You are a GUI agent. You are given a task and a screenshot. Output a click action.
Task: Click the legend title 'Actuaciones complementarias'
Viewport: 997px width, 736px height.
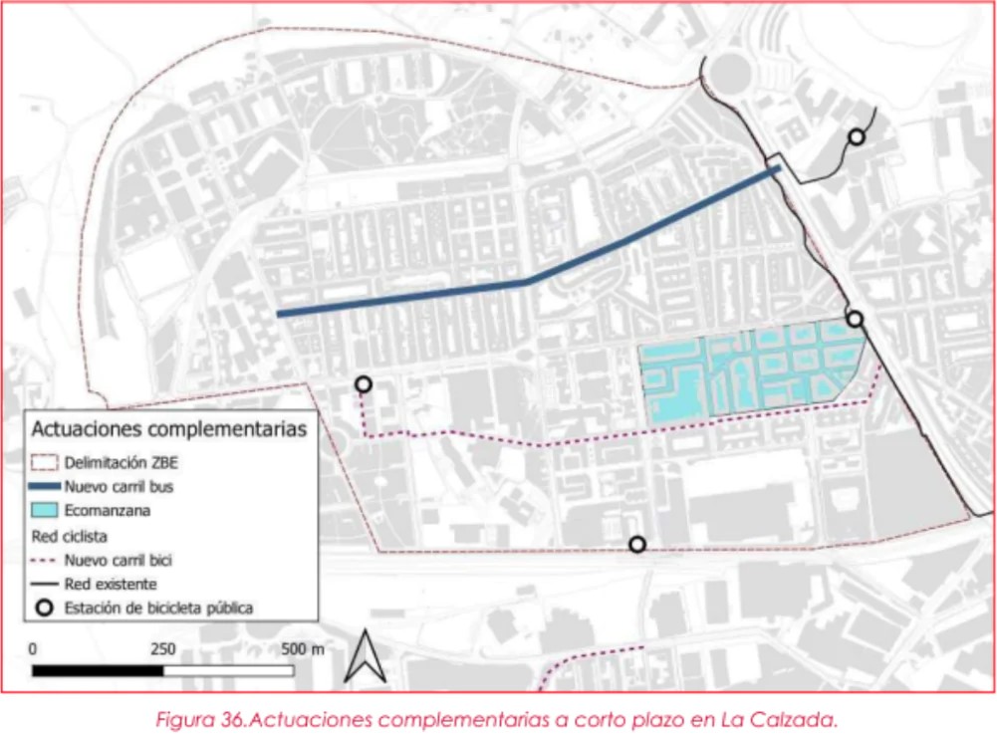pyautogui.click(x=168, y=430)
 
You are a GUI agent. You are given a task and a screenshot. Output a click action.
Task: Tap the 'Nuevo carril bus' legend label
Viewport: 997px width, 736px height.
pyautogui.click(x=123, y=487)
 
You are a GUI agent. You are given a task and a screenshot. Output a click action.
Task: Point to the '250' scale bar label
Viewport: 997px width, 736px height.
pyautogui.click(x=163, y=649)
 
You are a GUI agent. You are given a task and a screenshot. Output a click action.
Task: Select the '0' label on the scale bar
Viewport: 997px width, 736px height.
pyautogui.click(x=34, y=649)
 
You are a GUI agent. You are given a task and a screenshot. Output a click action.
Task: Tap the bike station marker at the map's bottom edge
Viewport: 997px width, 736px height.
pyautogui.click(x=637, y=544)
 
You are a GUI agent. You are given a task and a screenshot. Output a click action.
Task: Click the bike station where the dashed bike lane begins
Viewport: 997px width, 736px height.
pyautogui.click(x=364, y=383)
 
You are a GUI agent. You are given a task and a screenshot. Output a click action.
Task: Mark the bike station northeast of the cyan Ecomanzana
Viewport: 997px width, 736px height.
pyautogui.click(x=855, y=319)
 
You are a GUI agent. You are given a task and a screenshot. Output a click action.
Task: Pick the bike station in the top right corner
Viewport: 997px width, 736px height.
pyautogui.click(x=856, y=137)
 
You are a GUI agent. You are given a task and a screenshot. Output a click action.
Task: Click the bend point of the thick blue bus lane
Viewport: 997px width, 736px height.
pyautogui.click(x=527, y=282)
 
